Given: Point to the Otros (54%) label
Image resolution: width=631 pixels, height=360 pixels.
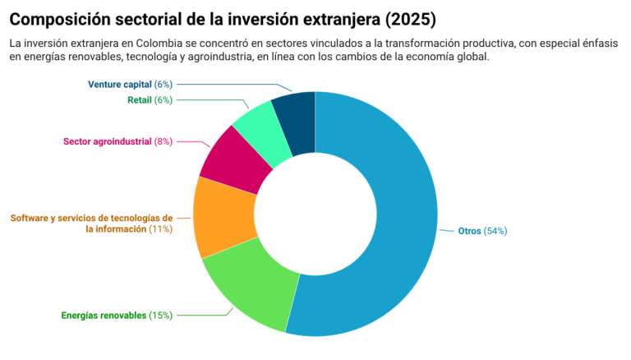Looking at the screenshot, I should pyautogui.click(x=482, y=231).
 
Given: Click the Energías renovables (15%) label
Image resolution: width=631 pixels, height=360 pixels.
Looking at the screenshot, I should pyautogui.click(x=117, y=316).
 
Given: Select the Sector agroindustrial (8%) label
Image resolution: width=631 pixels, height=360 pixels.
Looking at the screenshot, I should pyautogui.click(x=117, y=141).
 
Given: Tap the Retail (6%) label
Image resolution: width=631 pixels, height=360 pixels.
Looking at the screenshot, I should pyautogui.click(x=150, y=100).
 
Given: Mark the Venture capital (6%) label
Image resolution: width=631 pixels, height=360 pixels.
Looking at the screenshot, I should pyautogui.click(x=130, y=84).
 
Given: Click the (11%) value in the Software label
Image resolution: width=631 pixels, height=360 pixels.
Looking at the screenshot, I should pyautogui.click(x=160, y=229).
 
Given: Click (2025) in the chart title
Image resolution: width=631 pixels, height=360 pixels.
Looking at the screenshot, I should pyautogui.click(x=408, y=18).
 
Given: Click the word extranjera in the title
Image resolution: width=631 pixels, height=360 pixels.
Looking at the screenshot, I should pyautogui.click(x=327, y=18).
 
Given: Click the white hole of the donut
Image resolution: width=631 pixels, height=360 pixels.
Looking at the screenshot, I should pyautogui.click(x=315, y=213).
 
